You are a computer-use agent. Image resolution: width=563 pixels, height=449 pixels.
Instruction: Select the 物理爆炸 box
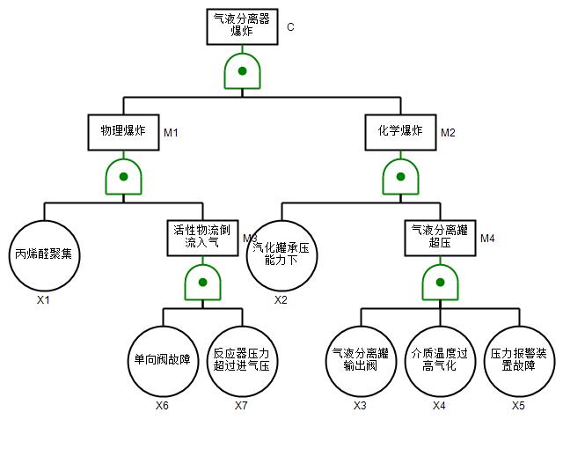123,132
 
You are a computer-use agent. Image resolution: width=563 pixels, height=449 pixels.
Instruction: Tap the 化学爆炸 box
401,132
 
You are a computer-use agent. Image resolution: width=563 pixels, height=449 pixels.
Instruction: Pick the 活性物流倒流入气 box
202,238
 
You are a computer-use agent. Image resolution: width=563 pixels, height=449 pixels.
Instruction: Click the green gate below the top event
242,71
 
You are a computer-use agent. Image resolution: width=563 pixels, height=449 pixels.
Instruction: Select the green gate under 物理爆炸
123,177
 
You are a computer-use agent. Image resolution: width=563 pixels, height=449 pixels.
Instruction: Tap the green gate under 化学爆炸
401,177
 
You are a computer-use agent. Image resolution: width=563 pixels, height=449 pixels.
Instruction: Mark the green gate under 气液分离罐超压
440,283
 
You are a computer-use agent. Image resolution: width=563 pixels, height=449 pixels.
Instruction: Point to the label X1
44,300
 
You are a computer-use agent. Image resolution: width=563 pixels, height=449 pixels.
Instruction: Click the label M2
449,133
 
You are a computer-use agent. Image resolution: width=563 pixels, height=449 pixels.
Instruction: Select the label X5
519,406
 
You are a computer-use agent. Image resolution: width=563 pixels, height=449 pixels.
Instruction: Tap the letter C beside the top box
290,27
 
